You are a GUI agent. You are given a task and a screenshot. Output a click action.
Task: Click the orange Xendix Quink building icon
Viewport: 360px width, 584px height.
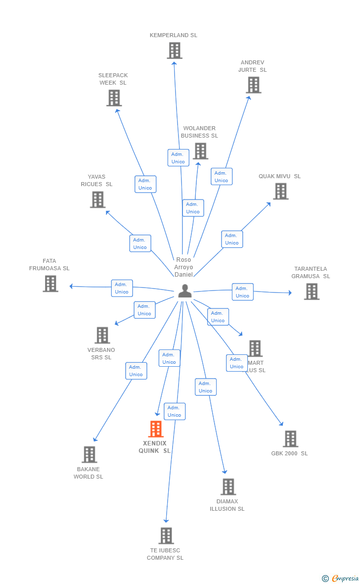point(156,429)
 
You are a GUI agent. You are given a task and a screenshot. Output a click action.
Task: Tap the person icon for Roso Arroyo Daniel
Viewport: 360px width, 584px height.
point(185,292)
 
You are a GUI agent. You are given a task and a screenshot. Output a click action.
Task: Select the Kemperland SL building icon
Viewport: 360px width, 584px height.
point(174,50)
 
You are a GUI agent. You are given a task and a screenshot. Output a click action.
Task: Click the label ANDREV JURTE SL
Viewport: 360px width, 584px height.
point(252,66)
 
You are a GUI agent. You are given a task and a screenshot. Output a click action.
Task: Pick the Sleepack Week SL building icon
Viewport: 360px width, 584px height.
point(114,98)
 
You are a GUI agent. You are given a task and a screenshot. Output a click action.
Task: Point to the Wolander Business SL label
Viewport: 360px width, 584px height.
point(199,132)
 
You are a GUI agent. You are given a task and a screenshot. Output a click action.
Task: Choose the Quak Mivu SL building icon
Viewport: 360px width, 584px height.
point(280,191)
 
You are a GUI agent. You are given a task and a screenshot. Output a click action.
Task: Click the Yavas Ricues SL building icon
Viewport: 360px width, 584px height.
point(98,199)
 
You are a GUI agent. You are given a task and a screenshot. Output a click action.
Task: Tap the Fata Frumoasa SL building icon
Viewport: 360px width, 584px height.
point(50,284)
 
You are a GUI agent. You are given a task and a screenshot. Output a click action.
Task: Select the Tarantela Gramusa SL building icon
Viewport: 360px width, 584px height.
point(312,292)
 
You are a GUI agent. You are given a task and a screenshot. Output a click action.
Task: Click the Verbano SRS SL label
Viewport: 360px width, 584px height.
point(101,354)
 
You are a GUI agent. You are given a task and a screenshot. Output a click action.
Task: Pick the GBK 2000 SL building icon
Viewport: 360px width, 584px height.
point(290,438)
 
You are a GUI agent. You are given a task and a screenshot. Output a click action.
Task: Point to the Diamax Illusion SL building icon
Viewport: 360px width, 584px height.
point(228,487)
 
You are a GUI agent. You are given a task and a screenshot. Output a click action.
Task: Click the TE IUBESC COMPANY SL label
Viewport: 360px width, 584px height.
point(165,554)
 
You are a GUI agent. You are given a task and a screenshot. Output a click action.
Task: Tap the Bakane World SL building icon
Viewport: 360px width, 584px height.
point(89,454)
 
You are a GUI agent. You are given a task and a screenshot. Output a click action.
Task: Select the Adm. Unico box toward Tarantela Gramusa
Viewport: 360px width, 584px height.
point(242,292)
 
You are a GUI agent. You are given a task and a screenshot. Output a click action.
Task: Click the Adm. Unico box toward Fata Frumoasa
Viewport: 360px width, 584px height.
point(122,288)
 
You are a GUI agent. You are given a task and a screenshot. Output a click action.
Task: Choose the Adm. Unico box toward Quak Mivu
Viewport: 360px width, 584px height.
point(232,239)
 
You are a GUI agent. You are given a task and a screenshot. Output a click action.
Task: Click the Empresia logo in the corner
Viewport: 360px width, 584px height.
point(341,578)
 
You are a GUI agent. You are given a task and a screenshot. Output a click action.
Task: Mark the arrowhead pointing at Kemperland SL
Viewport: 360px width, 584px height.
point(174,63)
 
